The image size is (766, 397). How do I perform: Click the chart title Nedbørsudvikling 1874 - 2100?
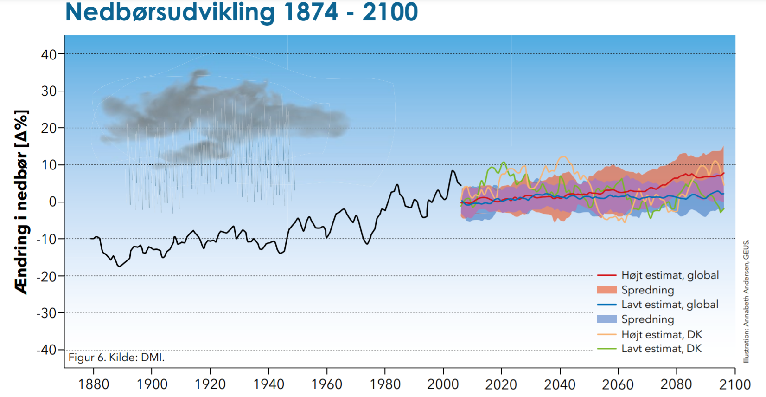241,12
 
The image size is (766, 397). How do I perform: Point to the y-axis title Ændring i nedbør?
22,202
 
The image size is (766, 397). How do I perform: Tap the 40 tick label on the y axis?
49,55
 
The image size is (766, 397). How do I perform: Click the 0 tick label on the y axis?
53,202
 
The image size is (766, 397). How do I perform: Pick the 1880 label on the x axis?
94,384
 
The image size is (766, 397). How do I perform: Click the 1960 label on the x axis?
326,384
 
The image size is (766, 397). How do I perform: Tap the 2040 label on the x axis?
560,384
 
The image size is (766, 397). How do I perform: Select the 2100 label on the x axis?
734,384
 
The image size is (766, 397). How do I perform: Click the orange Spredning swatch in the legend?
606,290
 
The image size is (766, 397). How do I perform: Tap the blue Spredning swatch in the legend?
606,319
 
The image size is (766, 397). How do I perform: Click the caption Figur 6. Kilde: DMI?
116,357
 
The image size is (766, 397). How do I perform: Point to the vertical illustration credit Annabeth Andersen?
746,302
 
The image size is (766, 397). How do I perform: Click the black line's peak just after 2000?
453,171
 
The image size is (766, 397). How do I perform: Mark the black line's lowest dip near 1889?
120,266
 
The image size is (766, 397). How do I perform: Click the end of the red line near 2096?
723,173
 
